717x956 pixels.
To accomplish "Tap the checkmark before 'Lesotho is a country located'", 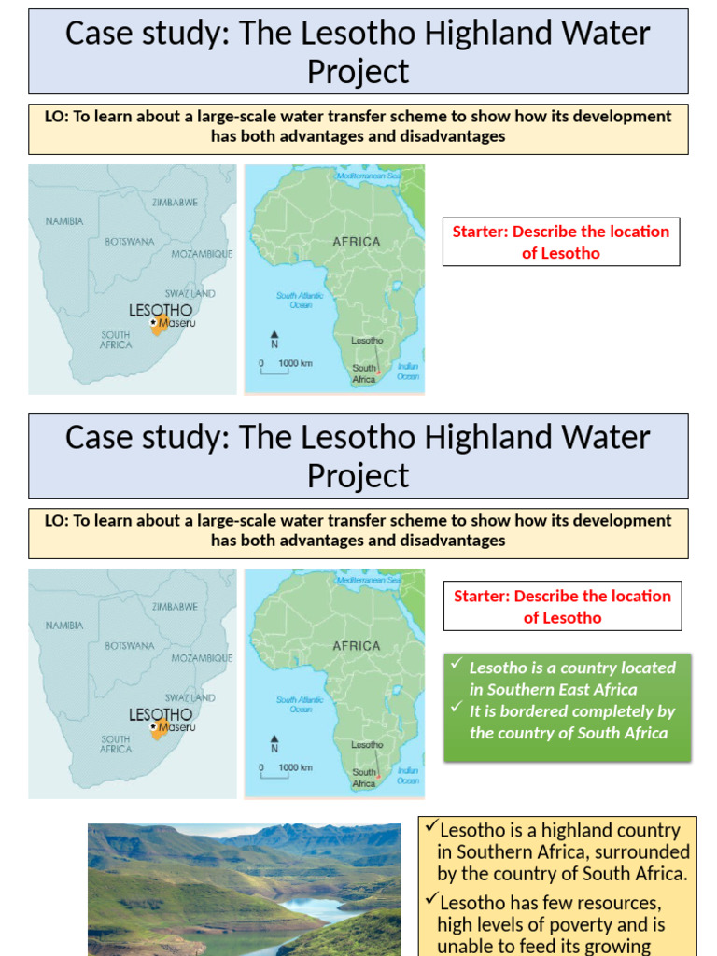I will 456,665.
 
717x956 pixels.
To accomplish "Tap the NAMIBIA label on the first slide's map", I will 64,221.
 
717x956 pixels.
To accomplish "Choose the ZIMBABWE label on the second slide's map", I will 176,607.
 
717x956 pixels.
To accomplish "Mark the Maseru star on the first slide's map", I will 153,322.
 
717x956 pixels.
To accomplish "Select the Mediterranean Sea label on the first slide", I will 368,176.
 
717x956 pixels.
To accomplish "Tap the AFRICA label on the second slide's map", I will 357,646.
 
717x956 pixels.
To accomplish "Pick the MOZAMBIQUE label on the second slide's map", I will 201,658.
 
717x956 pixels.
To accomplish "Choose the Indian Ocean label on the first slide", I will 408,372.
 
